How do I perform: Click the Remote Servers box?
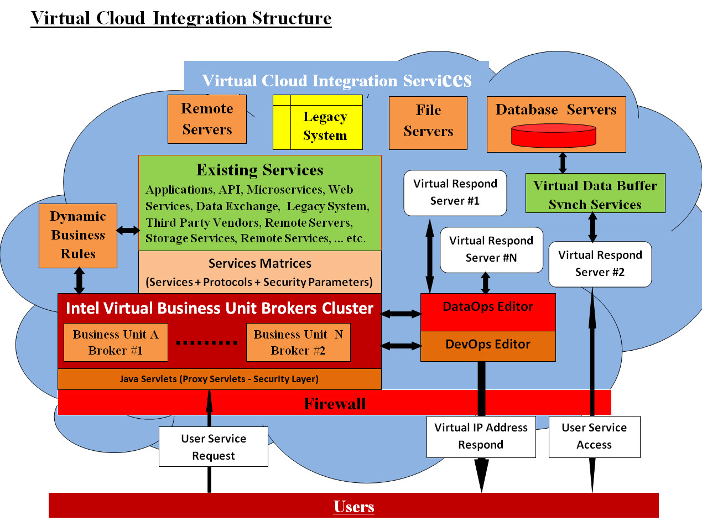click(207, 119)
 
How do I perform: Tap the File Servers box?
click(428, 123)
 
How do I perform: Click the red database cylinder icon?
click(553, 136)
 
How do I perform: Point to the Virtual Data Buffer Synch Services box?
click(595, 193)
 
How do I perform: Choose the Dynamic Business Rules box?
click(78, 236)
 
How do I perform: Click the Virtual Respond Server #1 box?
click(455, 192)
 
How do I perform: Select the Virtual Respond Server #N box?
click(491, 249)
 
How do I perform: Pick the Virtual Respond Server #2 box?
click(600, 264)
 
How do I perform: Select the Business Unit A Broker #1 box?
click(116, 342)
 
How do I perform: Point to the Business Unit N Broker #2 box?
click(298, 342)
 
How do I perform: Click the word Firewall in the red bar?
click(335, 404)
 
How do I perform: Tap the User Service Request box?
click(214, 446)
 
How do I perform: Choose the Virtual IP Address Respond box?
click(481, 436)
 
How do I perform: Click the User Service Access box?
click(594, 436)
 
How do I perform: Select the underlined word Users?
click(354, 506)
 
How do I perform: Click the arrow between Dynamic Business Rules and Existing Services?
click(128, 230)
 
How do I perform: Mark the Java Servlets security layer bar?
click(219, 379)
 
